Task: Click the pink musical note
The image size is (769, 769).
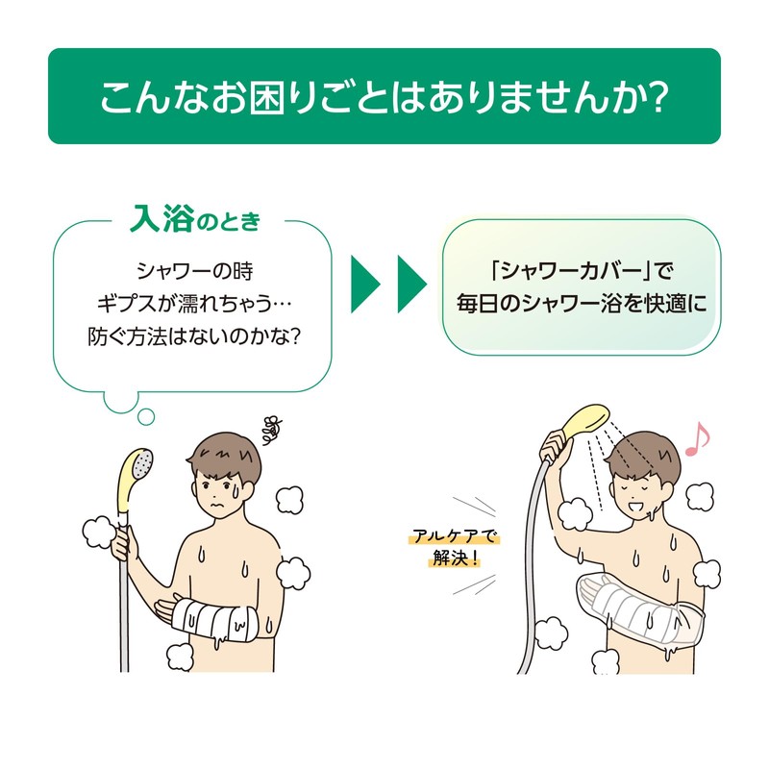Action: point(697,438)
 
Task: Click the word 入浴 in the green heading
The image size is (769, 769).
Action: point(162,219)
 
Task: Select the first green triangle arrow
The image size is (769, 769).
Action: point(365,284)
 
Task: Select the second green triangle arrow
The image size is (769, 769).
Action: point(411,284)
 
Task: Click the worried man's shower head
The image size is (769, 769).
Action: point(136,478)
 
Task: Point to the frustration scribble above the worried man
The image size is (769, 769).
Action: point(271,429)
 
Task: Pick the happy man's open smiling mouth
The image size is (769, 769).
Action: point(636,505)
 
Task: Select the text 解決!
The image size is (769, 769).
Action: point(455,558)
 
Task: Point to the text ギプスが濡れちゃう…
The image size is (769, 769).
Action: point(193,304)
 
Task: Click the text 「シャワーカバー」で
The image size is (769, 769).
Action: point(583,271)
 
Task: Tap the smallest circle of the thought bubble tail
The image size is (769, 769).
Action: point(146,417)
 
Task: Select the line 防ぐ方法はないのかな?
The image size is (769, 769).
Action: point(193,336)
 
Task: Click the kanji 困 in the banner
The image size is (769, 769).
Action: point(267,98)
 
